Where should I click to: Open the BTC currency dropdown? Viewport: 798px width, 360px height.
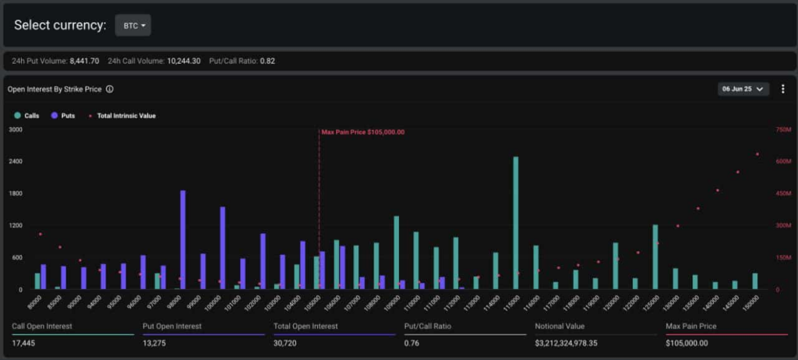(x=132, y=26)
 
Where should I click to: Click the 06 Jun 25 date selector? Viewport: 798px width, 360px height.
(x=743, y=89)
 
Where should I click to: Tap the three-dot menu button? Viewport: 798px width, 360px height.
(x=782, y=89)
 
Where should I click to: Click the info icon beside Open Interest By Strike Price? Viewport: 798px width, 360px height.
(x=110, y=90)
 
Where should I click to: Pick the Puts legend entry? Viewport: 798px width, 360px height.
(x=63, y=115)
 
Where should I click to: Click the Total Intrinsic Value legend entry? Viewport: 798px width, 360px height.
(x=122, y=115)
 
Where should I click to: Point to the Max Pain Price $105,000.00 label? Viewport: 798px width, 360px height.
(x=363, y=132)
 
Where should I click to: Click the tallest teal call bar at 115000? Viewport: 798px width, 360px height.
(x=515, y=223)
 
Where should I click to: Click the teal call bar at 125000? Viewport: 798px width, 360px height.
(x=655, y=257)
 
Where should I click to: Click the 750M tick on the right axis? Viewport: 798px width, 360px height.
(x=783, y=129)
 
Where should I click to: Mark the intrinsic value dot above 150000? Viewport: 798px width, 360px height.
(x=757, y=154)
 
